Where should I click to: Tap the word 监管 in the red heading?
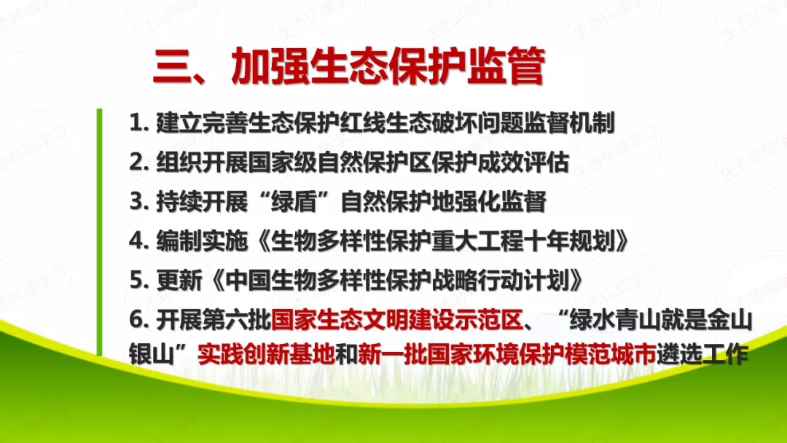click(506, 67)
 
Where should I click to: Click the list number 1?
click(136, 122)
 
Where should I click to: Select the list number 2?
click(136, 162)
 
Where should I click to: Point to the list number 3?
click(136, 201)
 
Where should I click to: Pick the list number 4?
click(136, 240)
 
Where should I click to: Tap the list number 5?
click(136, 280)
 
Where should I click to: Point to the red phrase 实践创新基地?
click(271, 355)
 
